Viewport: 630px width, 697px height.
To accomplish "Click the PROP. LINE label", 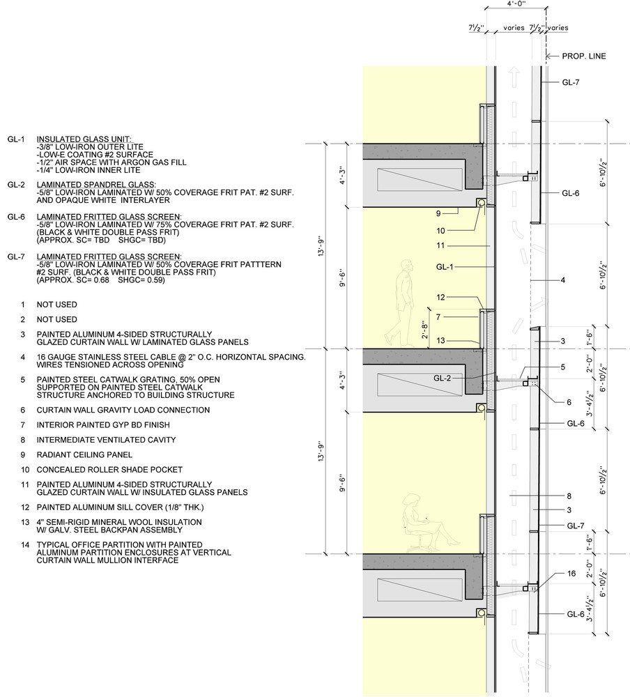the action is click(584, 56).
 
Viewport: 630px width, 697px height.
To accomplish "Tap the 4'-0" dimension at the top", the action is click(516, 3).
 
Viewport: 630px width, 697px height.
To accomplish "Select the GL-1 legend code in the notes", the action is click(16, 139).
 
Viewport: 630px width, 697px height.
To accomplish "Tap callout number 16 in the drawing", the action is click(571, 574).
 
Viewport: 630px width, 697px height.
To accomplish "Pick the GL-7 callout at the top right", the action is click(571, 82).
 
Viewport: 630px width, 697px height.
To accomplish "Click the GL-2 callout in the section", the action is click(442, 378).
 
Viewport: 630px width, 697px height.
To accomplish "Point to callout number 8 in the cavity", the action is click(569, 496).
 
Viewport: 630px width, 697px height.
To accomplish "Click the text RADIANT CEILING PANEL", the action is click(84, 454).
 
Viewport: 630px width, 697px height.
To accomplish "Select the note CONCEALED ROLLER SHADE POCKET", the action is click(109, 470).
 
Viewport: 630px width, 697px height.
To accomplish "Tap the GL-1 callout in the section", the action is click(445, 267).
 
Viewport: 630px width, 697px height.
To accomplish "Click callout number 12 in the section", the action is click(440, 298).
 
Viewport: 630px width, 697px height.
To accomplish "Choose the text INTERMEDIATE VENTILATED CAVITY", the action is click(106, 440).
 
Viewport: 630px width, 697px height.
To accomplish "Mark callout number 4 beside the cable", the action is click(563, 280).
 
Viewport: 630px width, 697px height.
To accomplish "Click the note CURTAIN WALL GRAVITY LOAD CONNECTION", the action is click(123, 411).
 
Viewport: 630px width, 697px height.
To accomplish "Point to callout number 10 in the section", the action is click(440, 231).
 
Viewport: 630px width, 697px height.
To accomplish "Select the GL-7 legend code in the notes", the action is click(16, 257).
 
